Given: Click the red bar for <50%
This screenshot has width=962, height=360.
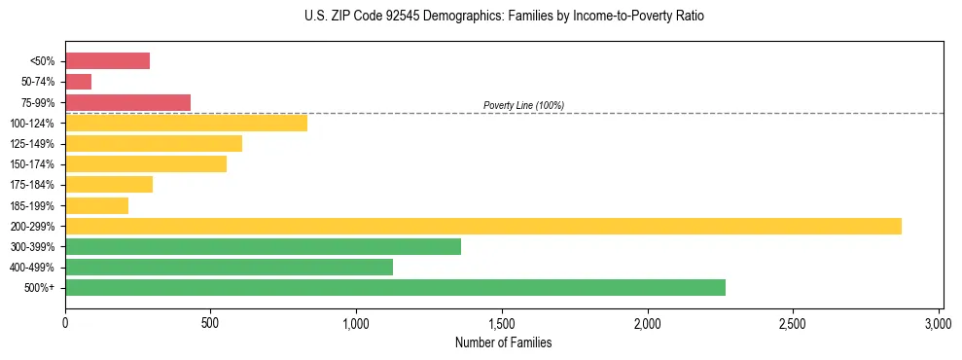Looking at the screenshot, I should pyautogui.click(x=107, y=61).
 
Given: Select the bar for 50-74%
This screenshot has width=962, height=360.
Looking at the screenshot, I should pyautogui.click(x=78, y=82).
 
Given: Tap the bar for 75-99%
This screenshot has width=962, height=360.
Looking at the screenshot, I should pyautogui.click(x=127, y=102).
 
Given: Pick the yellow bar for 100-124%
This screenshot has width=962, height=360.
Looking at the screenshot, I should pyautogui.click(x=186, y=123).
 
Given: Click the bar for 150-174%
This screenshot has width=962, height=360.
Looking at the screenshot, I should pyautogui.click(x=146, y=163).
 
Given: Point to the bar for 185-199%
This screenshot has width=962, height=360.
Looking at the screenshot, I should pyautogui.click(x=96, y=205).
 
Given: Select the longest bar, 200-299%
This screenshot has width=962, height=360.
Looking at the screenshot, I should pyautogui.click(x=482, y=226).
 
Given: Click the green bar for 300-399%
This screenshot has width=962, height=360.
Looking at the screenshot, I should pyautogui.click(x=263, y=246).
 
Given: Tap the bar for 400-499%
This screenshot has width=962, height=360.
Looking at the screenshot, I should pyautogui.click(x=229, y=267).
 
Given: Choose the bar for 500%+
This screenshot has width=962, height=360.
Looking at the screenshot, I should pyautogui.click(x=395, y=287).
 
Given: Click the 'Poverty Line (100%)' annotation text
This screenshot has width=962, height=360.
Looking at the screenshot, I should pyautogui.click(x=523, y=105).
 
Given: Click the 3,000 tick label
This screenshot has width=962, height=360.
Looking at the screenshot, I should pyautogui.click(x=939, y=322).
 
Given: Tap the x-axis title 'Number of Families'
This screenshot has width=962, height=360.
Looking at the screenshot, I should pyautogui.click(x=503, y=342).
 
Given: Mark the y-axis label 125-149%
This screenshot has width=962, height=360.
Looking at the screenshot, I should pyautogui.click(x=32, y=144).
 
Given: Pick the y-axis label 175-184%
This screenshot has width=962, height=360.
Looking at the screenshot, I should pyautogui.click(x=32, y=185).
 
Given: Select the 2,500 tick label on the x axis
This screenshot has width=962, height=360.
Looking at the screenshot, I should pyautogui.click(x=793, y=322).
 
